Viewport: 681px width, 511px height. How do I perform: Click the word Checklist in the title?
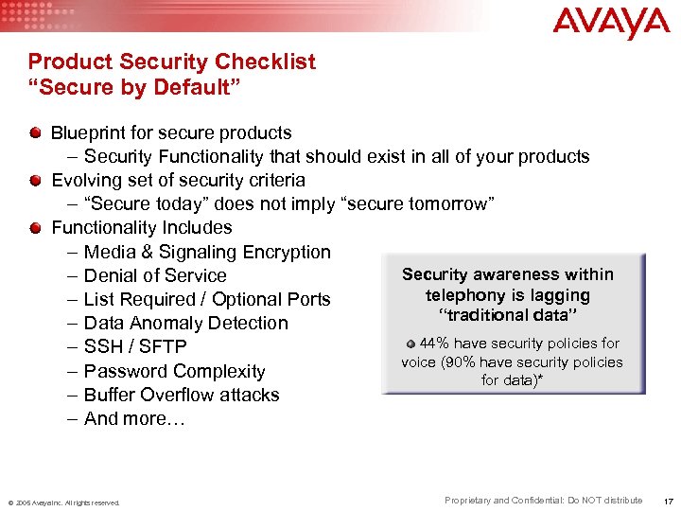(269, 62)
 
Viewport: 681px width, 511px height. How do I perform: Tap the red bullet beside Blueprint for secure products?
(35, 132)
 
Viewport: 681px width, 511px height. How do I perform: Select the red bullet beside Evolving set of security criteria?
(35, 179)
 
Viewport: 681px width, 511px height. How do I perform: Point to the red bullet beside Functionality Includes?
(35, 226)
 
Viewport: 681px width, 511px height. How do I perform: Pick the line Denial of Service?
(155, 275)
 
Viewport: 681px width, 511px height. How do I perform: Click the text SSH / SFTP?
(135, 347)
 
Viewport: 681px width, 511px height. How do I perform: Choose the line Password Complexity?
(174, 371)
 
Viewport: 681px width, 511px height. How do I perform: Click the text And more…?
(134, 418)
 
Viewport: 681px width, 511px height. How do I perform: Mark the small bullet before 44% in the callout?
(410, 344)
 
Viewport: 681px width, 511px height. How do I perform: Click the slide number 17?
(668, 501)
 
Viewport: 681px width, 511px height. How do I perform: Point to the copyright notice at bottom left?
(63, 502)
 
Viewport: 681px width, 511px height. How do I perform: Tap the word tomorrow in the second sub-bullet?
(452, 204)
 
